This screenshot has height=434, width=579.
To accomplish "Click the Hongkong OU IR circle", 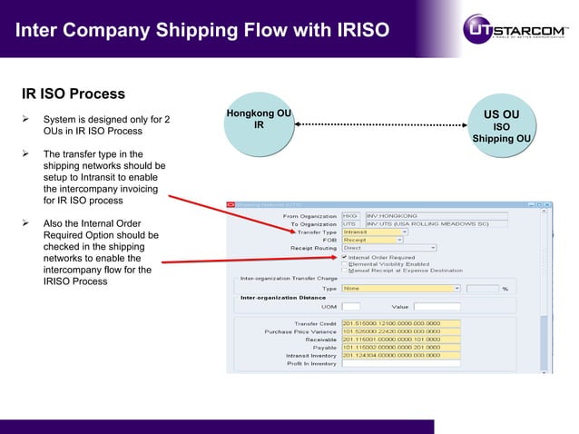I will [259, 123].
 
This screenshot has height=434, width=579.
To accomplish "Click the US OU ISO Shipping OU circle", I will [501, 128].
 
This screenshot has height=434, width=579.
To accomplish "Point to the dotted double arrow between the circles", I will [379, 123].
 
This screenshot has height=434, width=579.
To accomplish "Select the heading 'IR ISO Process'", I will [74, 94].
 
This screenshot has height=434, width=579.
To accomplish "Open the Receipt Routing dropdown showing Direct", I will [388, 248].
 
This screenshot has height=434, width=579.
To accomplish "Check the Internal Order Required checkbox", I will [344, 257].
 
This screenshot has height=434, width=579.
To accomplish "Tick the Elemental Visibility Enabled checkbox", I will [344, 264].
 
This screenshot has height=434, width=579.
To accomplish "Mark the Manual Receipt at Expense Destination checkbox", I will [344, 271].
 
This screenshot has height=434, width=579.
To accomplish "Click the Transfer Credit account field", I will [400, 323].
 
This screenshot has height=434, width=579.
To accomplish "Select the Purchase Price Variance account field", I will [400, 331].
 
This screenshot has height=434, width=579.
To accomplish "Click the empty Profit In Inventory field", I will [400, 363].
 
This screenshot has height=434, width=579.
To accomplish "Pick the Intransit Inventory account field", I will [400, 355].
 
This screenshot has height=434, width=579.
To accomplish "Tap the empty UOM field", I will [351, 307].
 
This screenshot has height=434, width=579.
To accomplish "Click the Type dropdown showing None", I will [400, 288].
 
